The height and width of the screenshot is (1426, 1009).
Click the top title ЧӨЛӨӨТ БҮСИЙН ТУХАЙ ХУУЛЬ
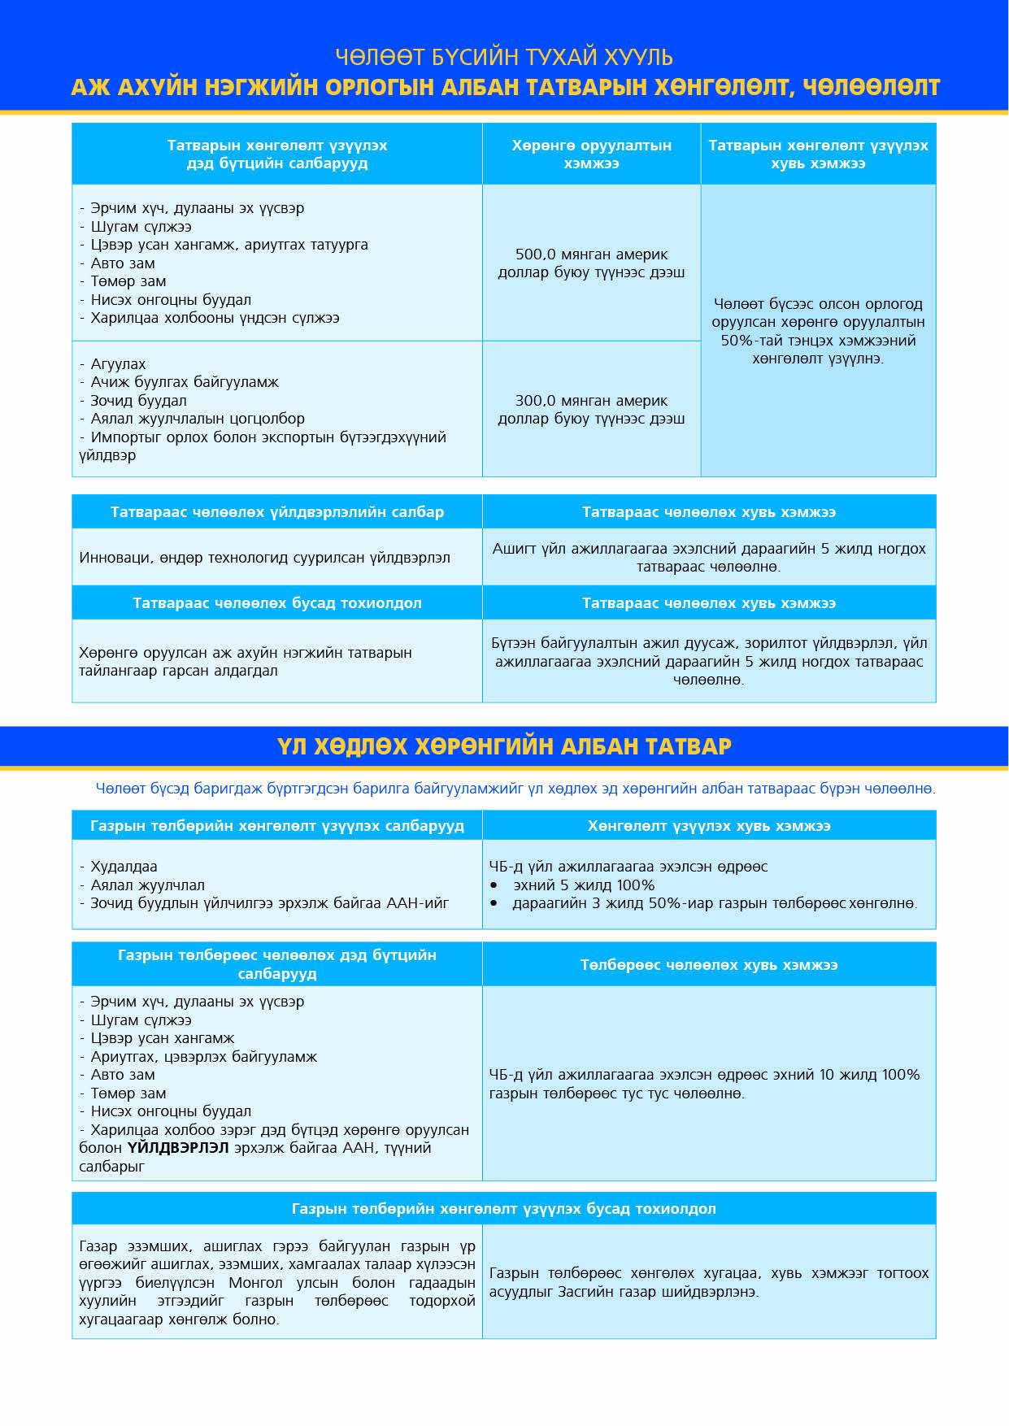coord(504,57)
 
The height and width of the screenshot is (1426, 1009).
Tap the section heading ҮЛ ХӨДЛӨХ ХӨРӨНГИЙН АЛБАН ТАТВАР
coord(504,746)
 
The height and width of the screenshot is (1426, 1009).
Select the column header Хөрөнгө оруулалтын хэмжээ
coord(591,154)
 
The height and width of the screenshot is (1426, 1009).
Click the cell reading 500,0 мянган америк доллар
coord(591,263)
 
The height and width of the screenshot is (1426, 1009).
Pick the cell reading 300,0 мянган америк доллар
coord(591,410)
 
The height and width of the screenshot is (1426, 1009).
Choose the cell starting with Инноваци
coord(264,558)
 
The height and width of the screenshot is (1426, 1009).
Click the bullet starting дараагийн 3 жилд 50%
coord(714,903)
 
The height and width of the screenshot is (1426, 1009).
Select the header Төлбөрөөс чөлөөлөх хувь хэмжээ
coord(709,965)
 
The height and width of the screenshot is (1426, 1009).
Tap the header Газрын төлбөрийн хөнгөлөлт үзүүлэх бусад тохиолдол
coord(504,1209)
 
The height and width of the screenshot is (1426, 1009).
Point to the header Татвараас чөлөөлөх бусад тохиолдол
coord(277,603)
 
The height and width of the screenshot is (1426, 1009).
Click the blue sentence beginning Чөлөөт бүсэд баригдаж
coord(515,789)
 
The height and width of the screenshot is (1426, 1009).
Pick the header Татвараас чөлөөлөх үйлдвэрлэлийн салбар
coord(277,512)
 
